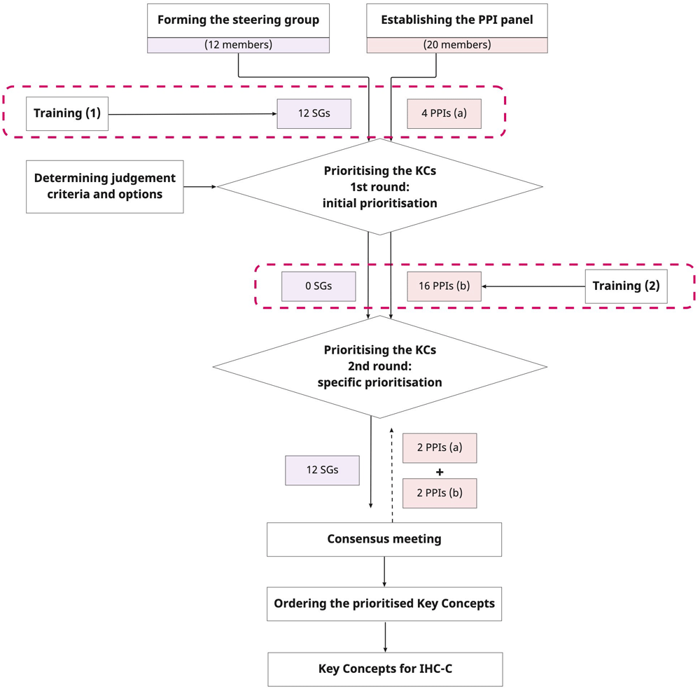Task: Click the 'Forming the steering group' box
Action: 239,20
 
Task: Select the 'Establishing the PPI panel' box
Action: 457,20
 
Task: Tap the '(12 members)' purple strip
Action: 239,45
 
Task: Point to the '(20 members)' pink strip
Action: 457,45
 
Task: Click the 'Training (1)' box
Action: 67,113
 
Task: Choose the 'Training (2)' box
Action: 626,286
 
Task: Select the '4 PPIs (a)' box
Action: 444,113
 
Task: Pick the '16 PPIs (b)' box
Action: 444,286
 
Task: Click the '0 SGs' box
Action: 318,286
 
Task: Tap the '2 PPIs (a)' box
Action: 440,448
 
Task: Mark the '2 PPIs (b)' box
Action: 440,493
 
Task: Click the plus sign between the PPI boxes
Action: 440,472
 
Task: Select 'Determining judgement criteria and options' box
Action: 105,187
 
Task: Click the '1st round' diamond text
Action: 380,187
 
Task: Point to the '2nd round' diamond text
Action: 380,366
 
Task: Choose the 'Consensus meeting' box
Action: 384,539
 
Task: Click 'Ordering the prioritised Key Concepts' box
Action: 384,604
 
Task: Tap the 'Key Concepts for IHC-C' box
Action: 385,669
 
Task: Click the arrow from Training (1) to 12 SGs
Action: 193,114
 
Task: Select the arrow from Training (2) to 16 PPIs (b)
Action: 533,286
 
